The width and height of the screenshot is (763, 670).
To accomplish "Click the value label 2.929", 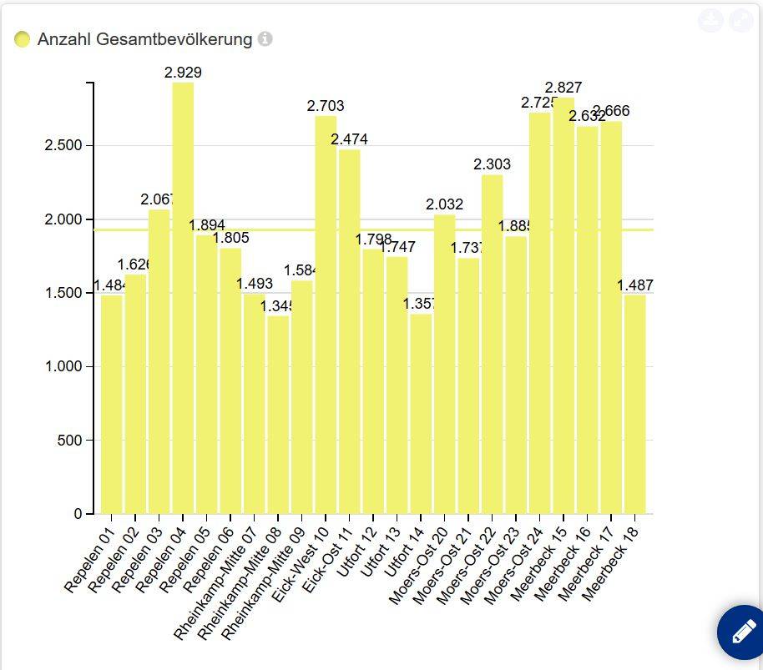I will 183,73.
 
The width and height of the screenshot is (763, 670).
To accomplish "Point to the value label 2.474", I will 349,139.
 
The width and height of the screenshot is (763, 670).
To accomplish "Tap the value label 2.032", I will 444,204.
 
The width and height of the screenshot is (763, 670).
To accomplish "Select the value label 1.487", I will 635,285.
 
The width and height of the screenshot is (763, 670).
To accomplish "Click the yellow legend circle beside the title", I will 23,39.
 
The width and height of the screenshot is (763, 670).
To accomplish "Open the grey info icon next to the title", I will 265,39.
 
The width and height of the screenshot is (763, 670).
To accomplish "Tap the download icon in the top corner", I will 710,21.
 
